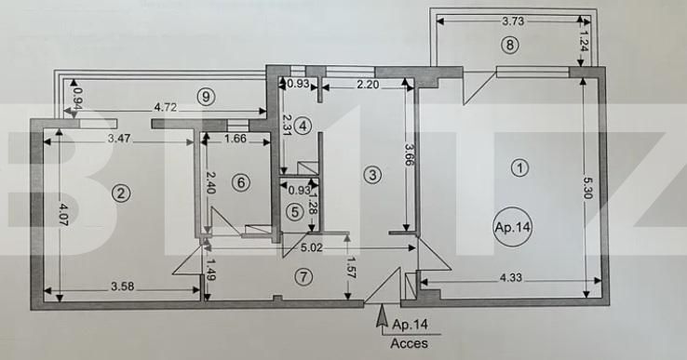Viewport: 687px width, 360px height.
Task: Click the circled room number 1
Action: (x=520, y=167)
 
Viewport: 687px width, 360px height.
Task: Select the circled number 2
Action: (x=119, y=193)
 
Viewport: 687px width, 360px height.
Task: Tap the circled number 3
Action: (x=371, y=173)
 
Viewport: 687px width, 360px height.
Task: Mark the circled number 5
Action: (x=294, y=211)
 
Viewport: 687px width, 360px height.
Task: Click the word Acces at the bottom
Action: (x=410, y=343)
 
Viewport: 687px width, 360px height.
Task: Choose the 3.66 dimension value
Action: (x=408, y=154)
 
